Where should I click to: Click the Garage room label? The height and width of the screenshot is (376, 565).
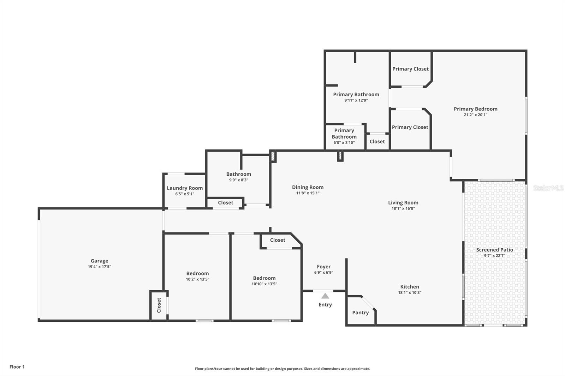pos(99,261)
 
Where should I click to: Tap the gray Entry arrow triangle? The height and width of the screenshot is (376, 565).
pos(325,296)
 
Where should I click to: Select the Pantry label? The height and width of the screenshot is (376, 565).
pos(360,313)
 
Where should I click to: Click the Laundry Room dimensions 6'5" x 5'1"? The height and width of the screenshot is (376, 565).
pos(185,194)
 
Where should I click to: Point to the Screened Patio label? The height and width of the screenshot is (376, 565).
pos(494,250)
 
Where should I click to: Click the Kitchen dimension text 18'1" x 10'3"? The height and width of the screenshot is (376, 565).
pos(410,292)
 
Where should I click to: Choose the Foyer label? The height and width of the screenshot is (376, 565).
pos(323,267)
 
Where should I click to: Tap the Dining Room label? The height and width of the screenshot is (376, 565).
pos(308,187)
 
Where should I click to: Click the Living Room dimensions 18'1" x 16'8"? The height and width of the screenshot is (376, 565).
pos(403,208)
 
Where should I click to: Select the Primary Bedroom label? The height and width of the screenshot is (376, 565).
pos(475,109)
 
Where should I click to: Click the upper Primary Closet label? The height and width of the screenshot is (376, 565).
pos(410,69)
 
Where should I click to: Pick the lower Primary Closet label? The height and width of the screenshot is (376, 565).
pos(410,127)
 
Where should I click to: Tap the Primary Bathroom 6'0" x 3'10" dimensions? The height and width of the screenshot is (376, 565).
pos(344,143)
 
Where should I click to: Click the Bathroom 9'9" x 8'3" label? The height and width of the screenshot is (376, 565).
pos(239,174)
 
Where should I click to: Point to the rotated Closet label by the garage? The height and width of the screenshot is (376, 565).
pos(159,305)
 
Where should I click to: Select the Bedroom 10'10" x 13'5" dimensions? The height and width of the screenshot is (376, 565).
pos(264,284)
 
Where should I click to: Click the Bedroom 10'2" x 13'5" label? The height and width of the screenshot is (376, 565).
pos(197,273)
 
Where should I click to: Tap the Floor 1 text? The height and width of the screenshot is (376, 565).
pos(17,367)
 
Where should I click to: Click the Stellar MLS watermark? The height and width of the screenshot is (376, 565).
pos(548,188)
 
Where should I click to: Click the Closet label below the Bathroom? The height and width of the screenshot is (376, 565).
pos(225,203)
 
